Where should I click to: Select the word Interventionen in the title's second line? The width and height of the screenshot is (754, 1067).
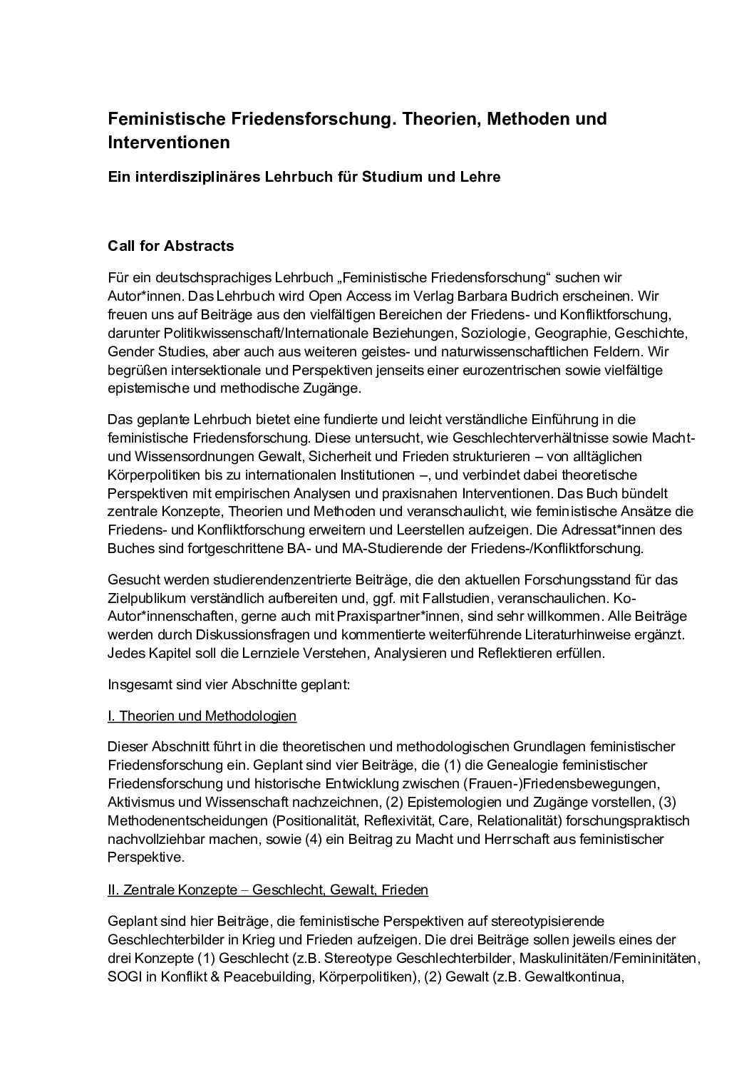pos(169,142)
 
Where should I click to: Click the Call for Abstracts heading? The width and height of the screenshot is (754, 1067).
pos(170,246)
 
